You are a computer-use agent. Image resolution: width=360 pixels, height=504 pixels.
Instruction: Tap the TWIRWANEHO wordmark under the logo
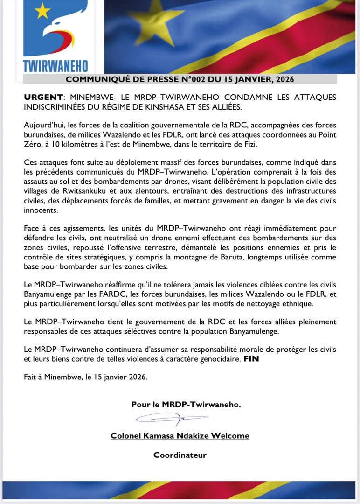[x=55, y=66]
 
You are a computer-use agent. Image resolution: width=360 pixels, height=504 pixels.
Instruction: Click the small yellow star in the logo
[x=42, y=10]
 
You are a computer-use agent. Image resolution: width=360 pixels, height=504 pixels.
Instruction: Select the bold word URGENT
[x=43, y=97]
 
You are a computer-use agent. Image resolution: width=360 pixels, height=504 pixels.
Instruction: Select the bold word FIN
[x=252, y=360]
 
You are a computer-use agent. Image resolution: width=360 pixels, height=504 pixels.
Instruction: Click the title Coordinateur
[x=180, y=455]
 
